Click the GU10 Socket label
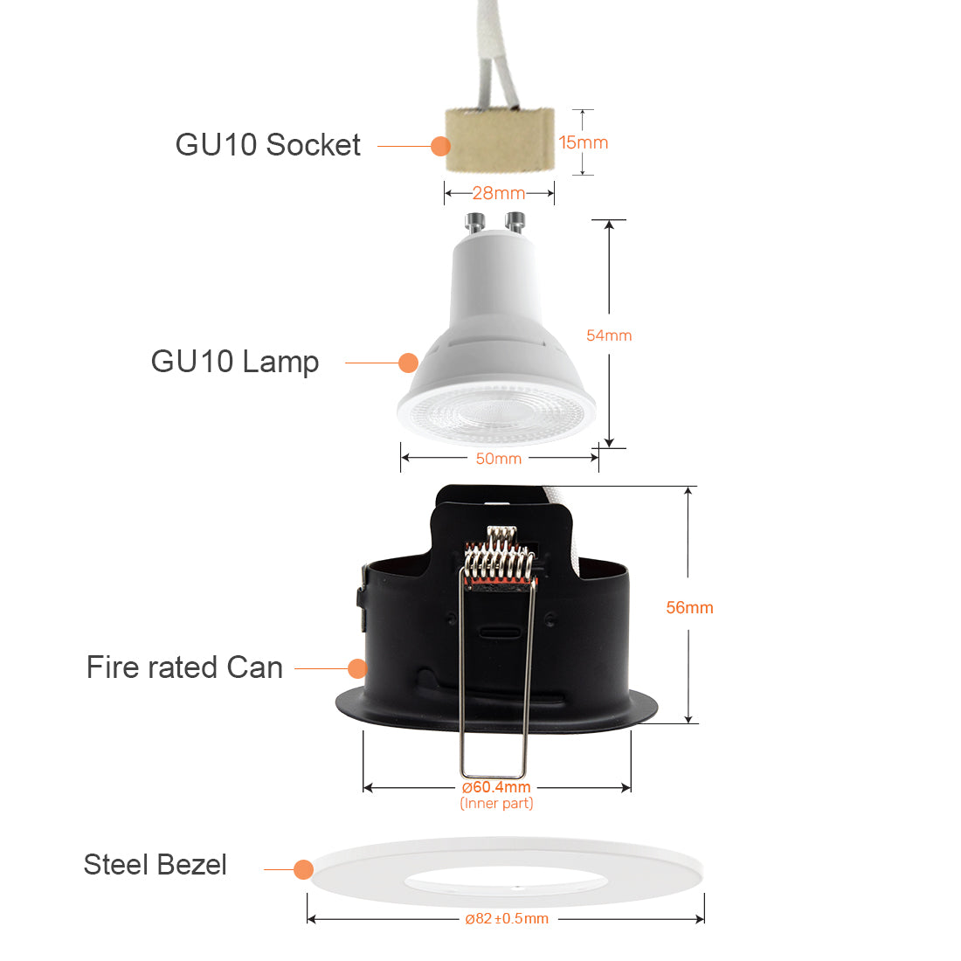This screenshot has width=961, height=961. (x=267, y=145)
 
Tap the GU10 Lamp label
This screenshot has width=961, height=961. (x=234, y=362)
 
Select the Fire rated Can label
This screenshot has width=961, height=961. (x=184, y=668)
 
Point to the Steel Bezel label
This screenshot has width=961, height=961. (x=155, y=865)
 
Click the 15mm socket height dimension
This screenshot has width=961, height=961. (x=584, y=142)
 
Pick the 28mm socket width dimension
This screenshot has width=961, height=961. (x=499, y=193)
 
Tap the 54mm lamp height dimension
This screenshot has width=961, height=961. (x=609, y=335)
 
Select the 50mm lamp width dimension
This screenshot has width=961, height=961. (x=499, y=459)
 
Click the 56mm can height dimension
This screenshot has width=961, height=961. (x=689, y=607)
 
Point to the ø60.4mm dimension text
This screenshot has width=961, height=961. (x=496, y=787)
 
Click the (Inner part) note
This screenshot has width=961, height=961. (x=496, y=804)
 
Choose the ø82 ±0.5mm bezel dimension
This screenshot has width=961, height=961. (x=507, y=918)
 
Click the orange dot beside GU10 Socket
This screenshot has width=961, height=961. (x=440, y=146)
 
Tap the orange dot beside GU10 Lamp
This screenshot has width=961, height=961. (x=408, y=363)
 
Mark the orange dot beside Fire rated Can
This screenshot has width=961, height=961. (x=356, y=668)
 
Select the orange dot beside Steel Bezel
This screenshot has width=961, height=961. (x=303, y=869)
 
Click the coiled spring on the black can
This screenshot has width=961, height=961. (x=499, y=559)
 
